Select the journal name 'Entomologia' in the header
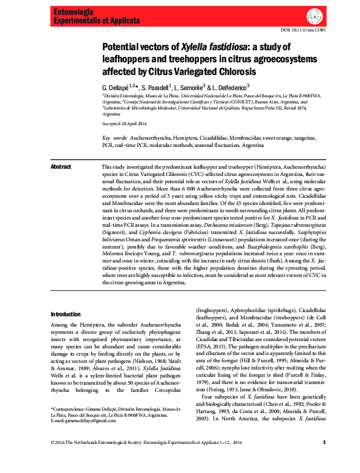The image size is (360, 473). point(73,11)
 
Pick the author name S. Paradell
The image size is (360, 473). point(156,87)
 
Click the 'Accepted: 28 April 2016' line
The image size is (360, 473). point(125,123)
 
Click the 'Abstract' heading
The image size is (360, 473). point(61,166)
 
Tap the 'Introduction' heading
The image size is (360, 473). point(65,315)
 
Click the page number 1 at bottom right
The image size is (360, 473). point(324,459)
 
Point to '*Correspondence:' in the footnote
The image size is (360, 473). point(70,410)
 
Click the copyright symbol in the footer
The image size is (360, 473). point(53,459)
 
